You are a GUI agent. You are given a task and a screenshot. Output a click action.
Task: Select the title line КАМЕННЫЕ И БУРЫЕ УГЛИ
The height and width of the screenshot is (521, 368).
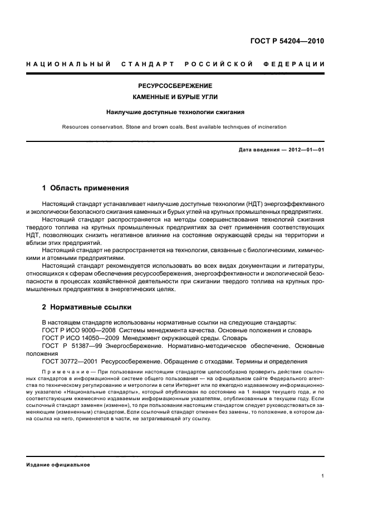tap(175, 97)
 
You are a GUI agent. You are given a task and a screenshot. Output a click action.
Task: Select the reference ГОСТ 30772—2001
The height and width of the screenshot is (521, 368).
tap(70, 361)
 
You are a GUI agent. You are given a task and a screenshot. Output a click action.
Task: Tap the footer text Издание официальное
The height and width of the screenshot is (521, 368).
tap(58, 465)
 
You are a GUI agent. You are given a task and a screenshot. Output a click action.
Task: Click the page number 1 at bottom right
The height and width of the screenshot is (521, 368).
tap(323, 476)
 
